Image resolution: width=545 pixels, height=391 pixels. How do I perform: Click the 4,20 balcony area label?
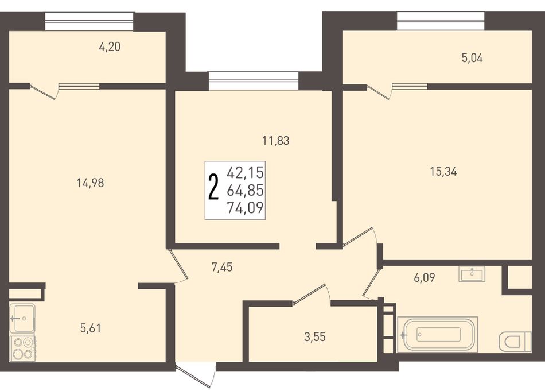point(110,47)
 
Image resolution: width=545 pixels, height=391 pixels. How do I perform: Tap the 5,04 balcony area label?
point(472,58)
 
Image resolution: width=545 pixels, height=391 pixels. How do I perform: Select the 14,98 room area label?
point(91,183)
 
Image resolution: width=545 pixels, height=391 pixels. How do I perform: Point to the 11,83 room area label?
point(275,141)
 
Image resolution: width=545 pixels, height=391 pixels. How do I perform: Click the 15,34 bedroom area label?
point(443,171)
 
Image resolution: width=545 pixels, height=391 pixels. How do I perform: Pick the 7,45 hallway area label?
point(222,267)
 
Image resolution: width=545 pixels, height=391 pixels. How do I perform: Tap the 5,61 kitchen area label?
point(91,328)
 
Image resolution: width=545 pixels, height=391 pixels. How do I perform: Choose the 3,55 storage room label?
point(315,336)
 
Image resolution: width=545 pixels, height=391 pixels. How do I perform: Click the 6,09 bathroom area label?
point(425,277)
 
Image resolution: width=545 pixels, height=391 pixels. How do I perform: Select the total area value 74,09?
point(246,208)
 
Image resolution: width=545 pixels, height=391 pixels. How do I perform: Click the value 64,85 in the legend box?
point(246,190)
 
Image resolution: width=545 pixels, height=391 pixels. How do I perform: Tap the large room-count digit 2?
point(213,188)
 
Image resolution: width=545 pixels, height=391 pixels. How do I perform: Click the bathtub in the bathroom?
point(438,334)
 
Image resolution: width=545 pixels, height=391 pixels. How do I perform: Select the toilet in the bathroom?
point(515,341)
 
